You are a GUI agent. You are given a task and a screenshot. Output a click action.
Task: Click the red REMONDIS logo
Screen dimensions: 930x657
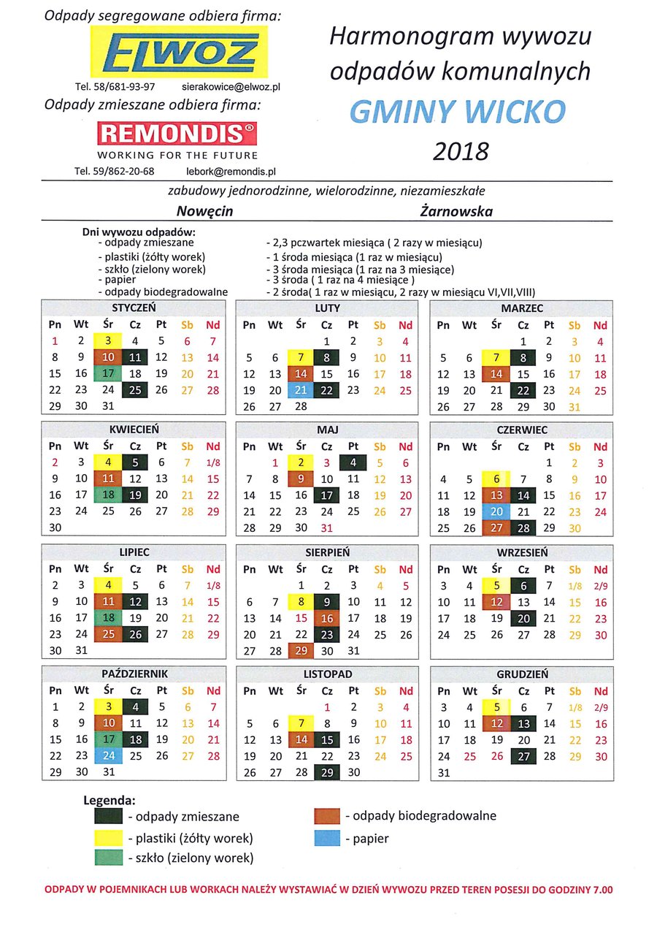pyautogui.click(x=177, y=133)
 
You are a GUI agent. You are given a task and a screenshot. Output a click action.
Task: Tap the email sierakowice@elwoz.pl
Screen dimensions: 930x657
pyautogui.click(x=231, y=86)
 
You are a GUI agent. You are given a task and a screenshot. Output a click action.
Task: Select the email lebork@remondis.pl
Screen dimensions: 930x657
pyautogui.click(x=231, y=172)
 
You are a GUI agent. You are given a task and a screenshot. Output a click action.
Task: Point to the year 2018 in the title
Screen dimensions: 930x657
pyautogui.click(x=461, y=151)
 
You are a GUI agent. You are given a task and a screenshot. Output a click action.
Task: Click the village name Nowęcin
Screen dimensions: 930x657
pyautogui.click(x=204, y=212)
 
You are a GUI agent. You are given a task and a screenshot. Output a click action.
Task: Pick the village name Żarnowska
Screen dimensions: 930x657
pyautogui.click(x=456, y=212)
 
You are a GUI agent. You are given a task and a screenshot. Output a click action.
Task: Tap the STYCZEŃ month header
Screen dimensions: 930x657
pyautogui.click(x=134, y=308)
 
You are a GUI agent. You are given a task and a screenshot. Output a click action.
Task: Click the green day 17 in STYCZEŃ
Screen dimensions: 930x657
pyautogui.click(x=108, y=374)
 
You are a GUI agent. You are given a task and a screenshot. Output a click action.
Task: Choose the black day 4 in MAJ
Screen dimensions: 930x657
pyautogui.click(x=353, y=462)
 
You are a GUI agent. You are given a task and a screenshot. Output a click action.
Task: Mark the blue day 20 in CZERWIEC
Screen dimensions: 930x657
pyautogui.click(x=497, y=511)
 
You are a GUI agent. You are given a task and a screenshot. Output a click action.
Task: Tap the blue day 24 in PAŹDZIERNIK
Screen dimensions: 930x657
pyautogui.click(x=108, y=755)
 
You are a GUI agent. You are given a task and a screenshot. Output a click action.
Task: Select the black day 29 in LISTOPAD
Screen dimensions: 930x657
pyautogui.click(x=327, y=771)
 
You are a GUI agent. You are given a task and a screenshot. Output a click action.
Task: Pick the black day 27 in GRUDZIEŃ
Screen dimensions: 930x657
pyautogui.click(x=523, y=755)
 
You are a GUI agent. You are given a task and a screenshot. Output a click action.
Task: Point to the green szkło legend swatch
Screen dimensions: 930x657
pyautogui.click(x=109, y=858)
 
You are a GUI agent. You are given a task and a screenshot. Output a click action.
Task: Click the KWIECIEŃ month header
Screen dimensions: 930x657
pyautogui.click(x=134, y=430)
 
